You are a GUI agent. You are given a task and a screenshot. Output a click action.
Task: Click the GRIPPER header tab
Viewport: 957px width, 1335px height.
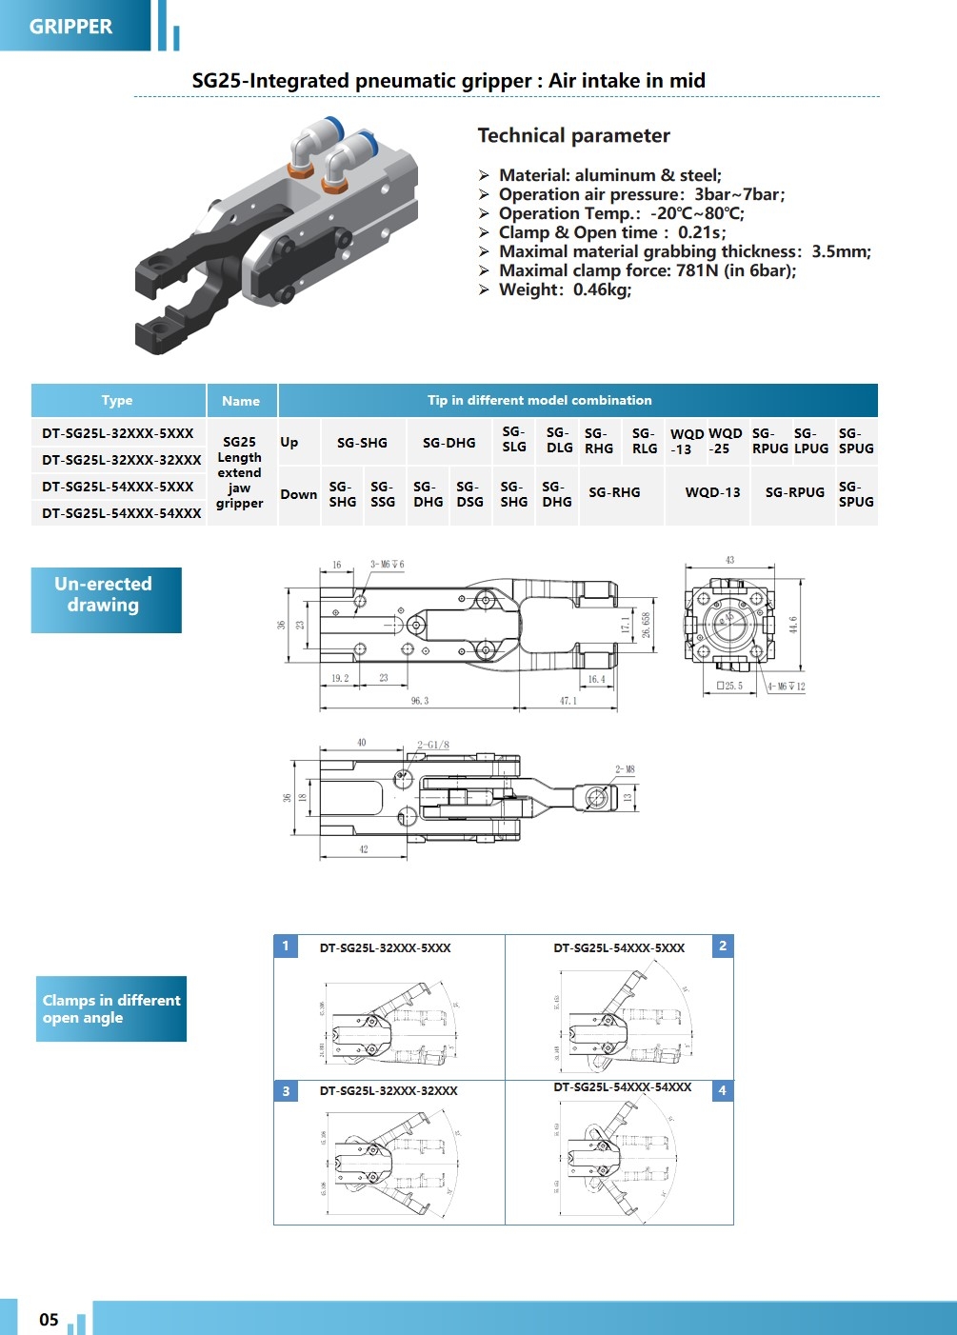pos(71,26)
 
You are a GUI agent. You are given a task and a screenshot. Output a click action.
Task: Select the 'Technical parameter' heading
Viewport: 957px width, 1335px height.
pos(573,135)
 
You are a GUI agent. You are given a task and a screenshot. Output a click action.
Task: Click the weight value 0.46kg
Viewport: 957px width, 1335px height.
pos(602,289)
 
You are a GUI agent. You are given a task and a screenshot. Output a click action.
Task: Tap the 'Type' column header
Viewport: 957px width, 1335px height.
pos(117,401)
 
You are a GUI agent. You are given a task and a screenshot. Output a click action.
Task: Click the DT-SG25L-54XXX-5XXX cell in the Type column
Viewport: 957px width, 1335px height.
pos(118,487)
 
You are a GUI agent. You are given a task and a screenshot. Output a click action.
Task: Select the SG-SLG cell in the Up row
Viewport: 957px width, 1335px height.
pos(514,440)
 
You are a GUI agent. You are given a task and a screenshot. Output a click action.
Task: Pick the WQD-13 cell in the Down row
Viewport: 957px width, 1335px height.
pos(712,492)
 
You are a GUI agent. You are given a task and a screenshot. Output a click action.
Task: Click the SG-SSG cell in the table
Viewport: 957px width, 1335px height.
pos(383,494)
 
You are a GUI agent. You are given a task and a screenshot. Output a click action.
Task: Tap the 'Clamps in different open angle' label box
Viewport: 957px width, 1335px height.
pos(111,1008)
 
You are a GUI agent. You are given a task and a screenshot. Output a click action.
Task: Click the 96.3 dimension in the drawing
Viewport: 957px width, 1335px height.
pos(420,701)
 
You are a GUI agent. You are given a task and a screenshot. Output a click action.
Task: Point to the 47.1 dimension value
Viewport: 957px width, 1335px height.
pos(568,701)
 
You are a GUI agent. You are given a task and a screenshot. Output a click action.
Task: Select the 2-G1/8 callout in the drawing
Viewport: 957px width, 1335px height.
pos(433,745)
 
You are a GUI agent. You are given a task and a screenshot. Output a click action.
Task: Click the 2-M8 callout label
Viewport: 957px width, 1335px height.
pos(625,769)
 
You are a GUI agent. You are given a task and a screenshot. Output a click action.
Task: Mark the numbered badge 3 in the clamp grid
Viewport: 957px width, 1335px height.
pos(286,1091)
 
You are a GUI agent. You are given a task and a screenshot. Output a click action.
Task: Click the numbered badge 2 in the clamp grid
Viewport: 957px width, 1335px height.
pos(723,946)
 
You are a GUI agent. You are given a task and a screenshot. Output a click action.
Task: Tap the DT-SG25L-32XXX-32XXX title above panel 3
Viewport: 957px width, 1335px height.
pos(389,1091)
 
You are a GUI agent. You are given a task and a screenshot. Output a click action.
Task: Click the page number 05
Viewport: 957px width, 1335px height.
pos(49,1320)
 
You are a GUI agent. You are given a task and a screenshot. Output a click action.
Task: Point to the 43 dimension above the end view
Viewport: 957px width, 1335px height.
pos(730,560)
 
